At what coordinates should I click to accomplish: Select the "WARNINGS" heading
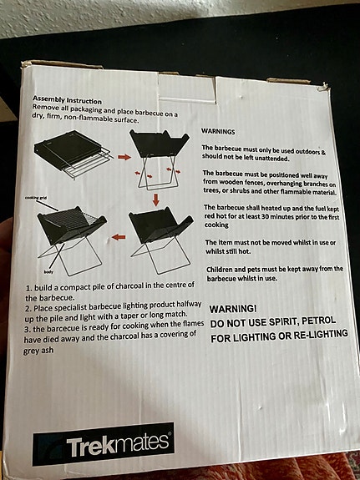(x=218, y=131)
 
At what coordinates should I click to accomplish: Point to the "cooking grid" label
(x=37, y=197)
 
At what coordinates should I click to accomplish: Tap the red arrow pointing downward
(x=155, y=200)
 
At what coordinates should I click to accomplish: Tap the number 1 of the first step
(x=28, y=287)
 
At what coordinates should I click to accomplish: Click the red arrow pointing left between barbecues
(x=119, y=236)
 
